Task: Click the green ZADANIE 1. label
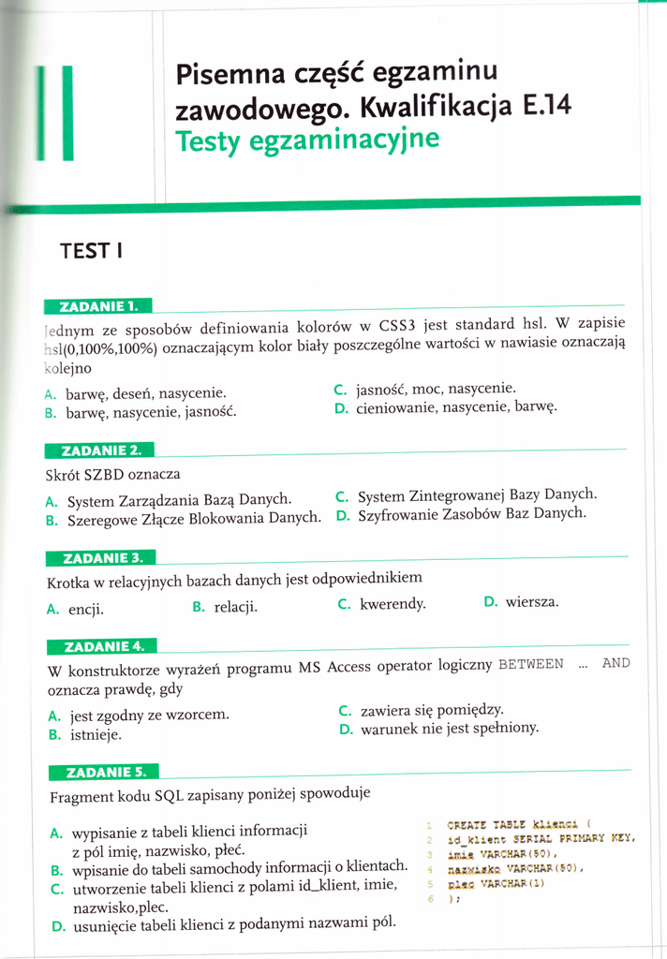coord(98,305)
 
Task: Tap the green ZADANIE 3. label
coord(101,558)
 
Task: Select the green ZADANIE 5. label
coord(102,772)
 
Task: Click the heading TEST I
coord(91,251)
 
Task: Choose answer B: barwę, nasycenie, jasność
coord(151,411)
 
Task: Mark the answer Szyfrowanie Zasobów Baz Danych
coord(471,513)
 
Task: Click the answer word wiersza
coord(531,602)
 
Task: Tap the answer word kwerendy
coord(393,604)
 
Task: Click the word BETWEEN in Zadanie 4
coord(531,664)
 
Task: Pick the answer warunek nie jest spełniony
coord(449,728)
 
